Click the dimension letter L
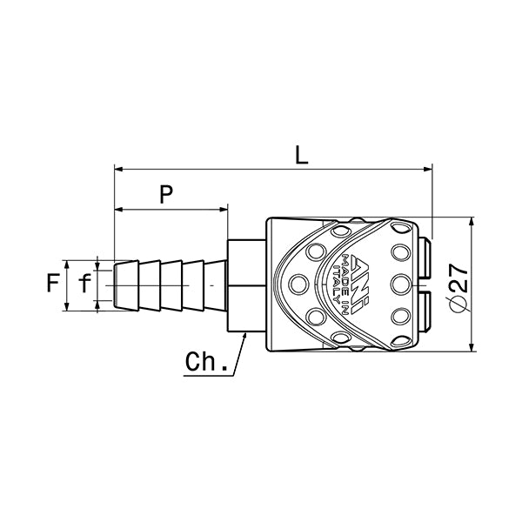tap(300, 156)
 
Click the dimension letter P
tap(164, 195)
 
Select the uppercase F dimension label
tap(54, 284)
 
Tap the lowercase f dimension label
tap(84, 284)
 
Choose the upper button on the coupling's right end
tap(426, 258)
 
